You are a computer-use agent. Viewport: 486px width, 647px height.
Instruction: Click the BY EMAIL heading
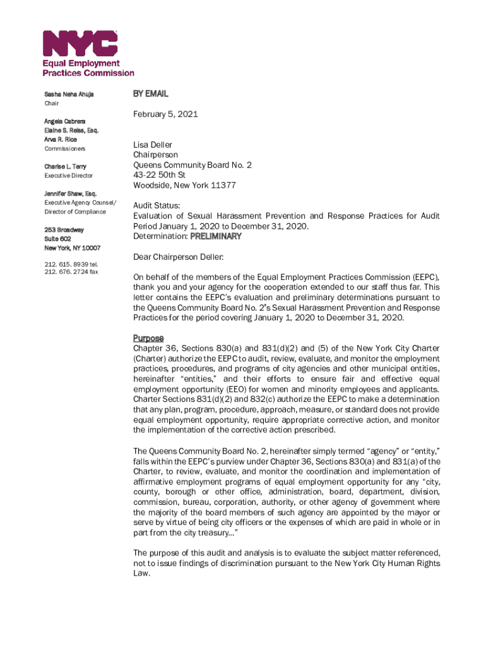coord(150,94)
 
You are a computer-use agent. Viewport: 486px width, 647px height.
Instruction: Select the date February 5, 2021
coord(165,114)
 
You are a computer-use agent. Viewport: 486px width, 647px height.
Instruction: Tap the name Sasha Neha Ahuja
coord(69,94)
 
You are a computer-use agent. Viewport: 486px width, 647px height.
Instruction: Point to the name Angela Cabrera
coord(65,121)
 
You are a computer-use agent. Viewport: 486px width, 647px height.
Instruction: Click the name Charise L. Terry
coord(66,166)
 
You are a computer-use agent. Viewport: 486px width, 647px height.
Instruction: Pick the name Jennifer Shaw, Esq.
coord(70,193)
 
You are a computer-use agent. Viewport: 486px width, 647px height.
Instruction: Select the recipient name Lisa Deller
coord(152,145)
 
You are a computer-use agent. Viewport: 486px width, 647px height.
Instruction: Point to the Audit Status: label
coord(157,205)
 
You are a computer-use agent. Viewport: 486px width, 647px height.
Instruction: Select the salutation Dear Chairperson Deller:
coord(179,257)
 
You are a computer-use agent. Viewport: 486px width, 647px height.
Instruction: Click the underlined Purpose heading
coord(148,338)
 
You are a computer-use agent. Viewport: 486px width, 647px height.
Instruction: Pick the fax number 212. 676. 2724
coord(64,272)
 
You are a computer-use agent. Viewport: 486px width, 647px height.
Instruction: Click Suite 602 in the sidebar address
coord(57,239)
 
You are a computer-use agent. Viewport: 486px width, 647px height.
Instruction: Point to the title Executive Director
coord(68,176)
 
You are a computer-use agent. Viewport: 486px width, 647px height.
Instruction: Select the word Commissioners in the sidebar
coord(65,148)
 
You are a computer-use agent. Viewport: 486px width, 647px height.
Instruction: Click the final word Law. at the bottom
coord(141,573)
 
